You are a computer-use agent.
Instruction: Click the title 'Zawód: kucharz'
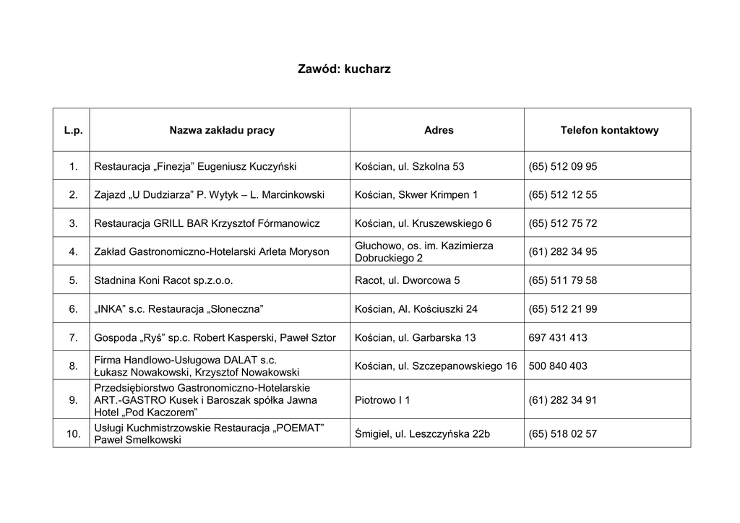pos(344,69)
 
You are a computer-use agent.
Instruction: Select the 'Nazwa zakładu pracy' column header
pos(222,131)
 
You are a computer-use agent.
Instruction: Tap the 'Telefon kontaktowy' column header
pos(609,131)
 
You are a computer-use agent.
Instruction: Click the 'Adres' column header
pos(439,131)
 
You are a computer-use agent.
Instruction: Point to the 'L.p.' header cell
pos(73,131)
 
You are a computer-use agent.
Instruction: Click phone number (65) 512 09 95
pos(563,166)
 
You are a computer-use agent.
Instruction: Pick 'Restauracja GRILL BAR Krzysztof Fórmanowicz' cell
pos(207,223)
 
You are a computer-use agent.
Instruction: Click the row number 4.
pos(73,252)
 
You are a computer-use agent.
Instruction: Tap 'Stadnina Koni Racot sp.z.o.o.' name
pos(164,280)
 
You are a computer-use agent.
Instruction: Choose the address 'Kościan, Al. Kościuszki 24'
pos(416,308)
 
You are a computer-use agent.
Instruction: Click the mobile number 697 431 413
pos(558,337)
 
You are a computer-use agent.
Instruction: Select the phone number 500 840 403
pos(558,366)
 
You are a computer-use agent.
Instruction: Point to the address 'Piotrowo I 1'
pos(382,400)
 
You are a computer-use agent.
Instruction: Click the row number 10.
pos(73,434)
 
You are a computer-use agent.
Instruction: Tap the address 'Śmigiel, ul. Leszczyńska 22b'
pos(423,434)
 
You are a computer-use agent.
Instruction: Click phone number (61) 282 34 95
pos(563,252)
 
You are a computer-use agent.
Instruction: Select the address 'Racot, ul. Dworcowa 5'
pos(408,280)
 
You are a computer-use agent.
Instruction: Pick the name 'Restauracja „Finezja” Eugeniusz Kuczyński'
pos(195,166)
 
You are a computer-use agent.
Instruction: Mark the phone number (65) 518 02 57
pos(563,434)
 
